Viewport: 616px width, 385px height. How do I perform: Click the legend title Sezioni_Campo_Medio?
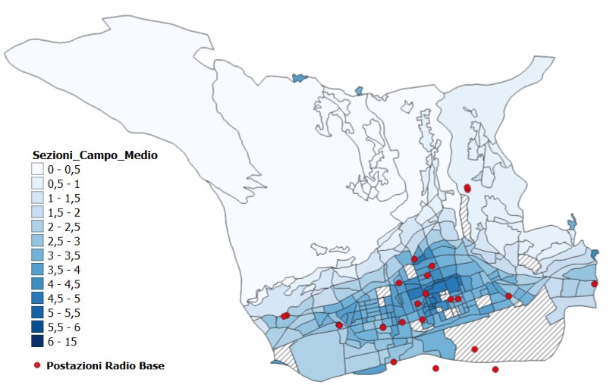(x=94, y=155)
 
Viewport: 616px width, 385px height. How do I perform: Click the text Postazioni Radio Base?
(x=105, y=365)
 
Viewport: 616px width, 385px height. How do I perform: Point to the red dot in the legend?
(x=36, y=365)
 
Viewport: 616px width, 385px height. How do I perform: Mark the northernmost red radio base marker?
(x=467, y=188)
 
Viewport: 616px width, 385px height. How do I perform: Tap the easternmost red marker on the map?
(x=595, y=284)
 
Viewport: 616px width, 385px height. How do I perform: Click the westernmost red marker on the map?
(x=284, y=316)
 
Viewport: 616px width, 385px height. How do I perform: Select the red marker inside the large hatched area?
(x=475, y=349)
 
